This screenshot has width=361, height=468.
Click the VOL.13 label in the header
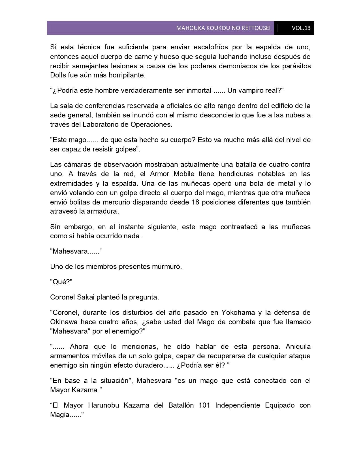[x=301, y=28]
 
